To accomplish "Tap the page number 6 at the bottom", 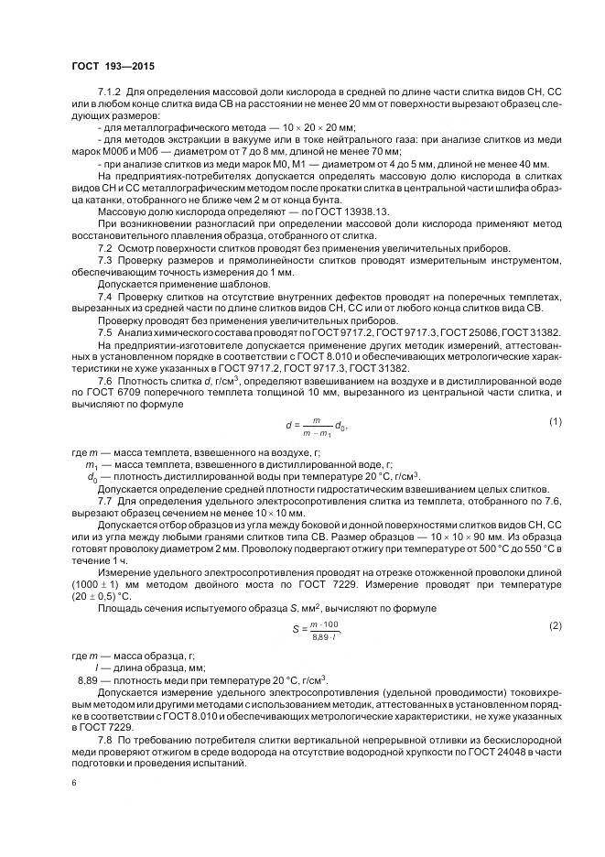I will (x=74, y=781).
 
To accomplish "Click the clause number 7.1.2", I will (x=111, y=94).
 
